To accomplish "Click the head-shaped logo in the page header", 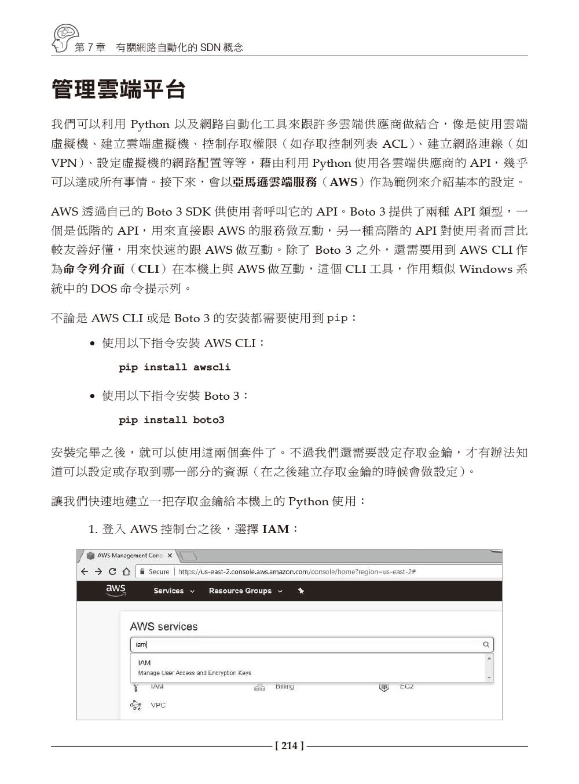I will coord(64,38).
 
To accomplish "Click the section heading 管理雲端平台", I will coord(119,90).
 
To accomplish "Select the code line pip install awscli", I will coord(174,367).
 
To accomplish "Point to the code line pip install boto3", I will coord(171,420).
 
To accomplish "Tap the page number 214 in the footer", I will coord(289,746).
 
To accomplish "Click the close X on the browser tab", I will coord(170,556).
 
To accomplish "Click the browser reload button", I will coord(112,571).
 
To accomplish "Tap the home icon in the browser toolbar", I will coord(126,571).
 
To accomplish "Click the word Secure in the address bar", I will coord(159,572).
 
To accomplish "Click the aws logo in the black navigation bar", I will coord(116,590).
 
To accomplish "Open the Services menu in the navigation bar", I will coord(174,591).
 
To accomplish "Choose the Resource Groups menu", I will coord(245,591).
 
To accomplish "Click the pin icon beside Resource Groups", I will coord(301,591).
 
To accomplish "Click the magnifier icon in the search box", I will coord(486,644).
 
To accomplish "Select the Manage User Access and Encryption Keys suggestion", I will coord(195,673).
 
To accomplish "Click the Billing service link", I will coord(284,687).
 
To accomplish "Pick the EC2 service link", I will coord(406,687).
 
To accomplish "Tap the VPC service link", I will coord(157,705).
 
